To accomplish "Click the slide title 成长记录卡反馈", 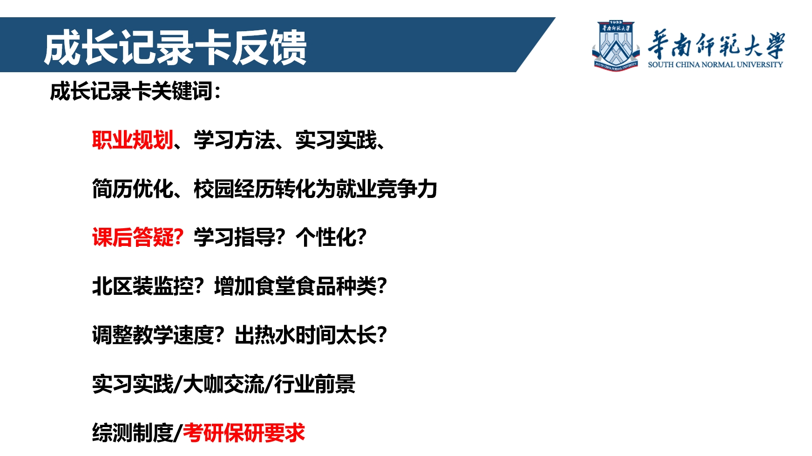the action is tap(175, 47).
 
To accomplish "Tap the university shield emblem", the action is tap(616, 46).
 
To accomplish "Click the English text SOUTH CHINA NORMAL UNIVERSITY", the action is tap(715, 65).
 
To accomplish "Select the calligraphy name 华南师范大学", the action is tap(716, 45).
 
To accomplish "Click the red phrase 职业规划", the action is tap(133, 140).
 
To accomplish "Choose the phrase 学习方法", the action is tap(234, 140).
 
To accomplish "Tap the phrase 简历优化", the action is tap(133, 189).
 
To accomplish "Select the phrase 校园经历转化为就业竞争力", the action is tap(315, 189).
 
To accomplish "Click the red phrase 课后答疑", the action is tap(133, 237).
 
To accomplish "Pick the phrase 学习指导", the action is tap(234, 237).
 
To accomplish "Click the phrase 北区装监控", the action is tap(143, 286).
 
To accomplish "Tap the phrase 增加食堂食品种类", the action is tap(295, 286).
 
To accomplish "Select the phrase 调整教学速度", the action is tap(153, 335).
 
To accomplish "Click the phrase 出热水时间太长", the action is tap(305, 335).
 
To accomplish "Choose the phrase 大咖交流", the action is tap(223, 384).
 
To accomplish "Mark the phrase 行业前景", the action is tap(315, 384).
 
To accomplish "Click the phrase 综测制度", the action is tap(133, 433).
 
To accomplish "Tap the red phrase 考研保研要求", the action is tap(244, 433).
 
